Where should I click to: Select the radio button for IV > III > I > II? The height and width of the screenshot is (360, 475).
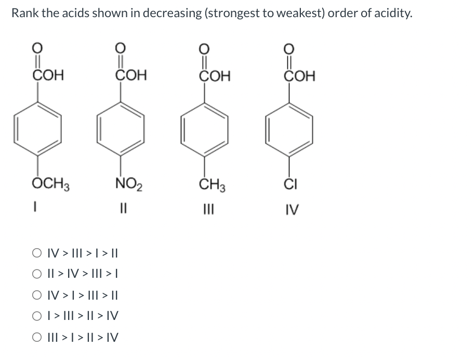[37, 253]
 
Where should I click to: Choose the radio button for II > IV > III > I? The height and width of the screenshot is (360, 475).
[37, 274]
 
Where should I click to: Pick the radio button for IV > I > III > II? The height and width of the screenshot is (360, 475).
[37, 295]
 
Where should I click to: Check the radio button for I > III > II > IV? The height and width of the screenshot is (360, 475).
[37, 316]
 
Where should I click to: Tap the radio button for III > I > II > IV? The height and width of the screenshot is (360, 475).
[37, 337]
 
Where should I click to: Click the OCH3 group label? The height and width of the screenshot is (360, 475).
[50, 184]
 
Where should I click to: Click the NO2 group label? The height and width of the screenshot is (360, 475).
[129, 184]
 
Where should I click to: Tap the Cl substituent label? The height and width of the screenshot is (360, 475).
[291, 184]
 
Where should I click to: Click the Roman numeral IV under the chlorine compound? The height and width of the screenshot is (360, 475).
[292, 210]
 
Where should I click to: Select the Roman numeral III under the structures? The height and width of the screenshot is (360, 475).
[209, 210]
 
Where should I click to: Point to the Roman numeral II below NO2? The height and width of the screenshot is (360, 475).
[123, 209]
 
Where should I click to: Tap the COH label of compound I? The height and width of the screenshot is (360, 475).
[48, 75]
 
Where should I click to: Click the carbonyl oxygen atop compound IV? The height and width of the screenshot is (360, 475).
[289, 48]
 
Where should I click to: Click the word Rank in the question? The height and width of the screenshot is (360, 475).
[25, 13]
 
